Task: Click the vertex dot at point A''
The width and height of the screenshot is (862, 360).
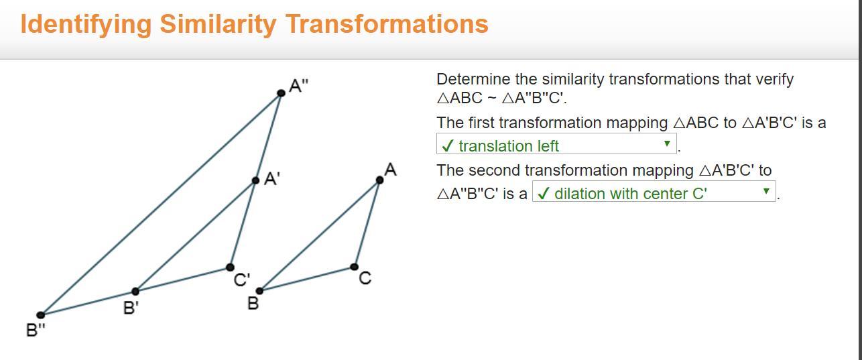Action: pyautogui.click(x=282, y=93)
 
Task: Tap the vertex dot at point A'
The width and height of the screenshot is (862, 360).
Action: pyautogui.click(x=255, y=180)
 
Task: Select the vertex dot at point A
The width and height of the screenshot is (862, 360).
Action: pyautogui.click(x=380, y=180)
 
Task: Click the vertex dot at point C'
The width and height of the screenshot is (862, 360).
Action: pyautogui.click(x=230, y=267)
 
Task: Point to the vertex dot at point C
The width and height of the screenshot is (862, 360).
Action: pyautogui.click(x=355, y=266)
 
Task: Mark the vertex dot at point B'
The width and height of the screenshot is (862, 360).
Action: pyautogui.click(x=135, y=291)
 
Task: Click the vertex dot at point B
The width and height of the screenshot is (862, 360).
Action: pyautogui.click(x=260, y=291)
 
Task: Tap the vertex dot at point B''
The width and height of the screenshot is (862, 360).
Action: pyautogui.click(x=41, y=315)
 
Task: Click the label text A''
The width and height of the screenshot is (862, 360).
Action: pyautogui.click(x=299, y=86)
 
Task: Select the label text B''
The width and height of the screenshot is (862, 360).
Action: pyautogui.click(x=36, y=330)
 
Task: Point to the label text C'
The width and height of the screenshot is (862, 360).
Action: pyautogui.click(x=242, y=280)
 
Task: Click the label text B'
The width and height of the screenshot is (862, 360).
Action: pyautogui.click(x=131, y=308)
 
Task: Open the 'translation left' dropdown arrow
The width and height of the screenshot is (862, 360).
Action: pyautogui.click(x=667, y=143)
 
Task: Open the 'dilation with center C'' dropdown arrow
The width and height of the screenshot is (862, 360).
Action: pyautogui.click(x=766, y=191)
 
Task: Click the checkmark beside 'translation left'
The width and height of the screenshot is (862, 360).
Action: pyautogui.click(x=447, y=146)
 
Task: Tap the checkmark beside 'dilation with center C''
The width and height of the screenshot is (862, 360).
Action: pyautogui.click(x=542, y=193)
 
